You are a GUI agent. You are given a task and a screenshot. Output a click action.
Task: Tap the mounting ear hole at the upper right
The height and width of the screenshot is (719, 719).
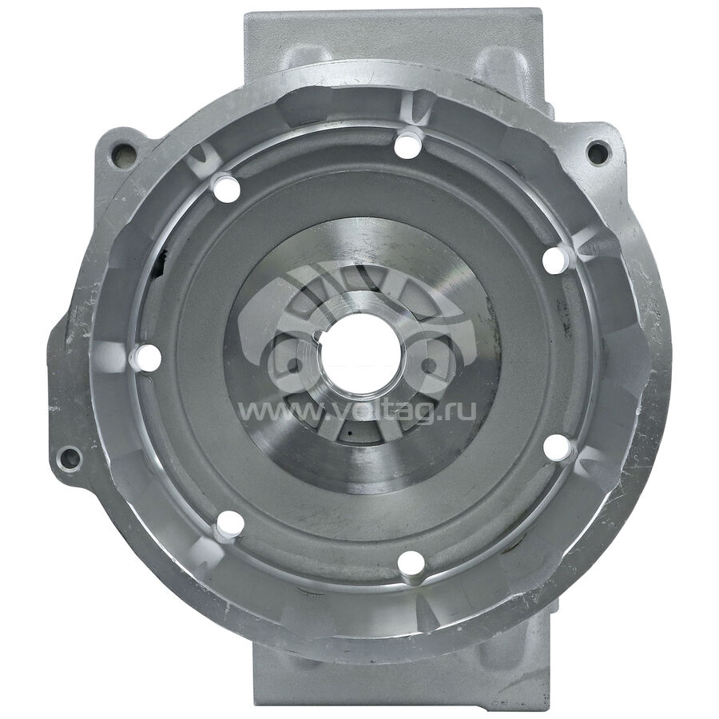[599, 150]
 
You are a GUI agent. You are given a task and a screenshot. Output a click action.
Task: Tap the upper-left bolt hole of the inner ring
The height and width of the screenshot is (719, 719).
[228, 188]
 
